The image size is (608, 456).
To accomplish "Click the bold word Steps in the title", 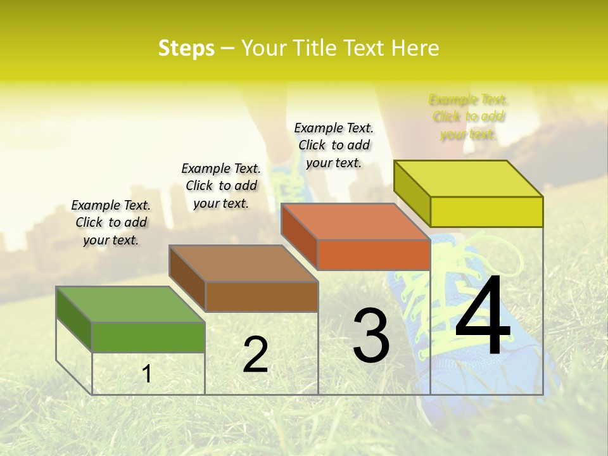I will (186, 48).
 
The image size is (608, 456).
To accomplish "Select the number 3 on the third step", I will (371, 336).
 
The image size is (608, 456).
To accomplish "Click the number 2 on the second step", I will (255, 355).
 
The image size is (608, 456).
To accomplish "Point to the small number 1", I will (147, 374).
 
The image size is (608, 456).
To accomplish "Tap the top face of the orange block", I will (355, 222).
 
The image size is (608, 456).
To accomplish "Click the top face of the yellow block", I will (468, 178).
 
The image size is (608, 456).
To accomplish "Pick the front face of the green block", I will (148, 337).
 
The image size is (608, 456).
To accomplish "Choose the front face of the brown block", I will (262, 296).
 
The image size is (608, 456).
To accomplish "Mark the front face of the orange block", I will (374, 255).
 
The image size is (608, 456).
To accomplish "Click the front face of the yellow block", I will (486, 212).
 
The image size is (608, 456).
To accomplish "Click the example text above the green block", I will (111, 222).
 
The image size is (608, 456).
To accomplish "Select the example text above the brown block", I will (221, 186).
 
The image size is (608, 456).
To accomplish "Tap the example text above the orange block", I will (334, 145).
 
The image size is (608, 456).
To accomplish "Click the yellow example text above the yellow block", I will (469, 117).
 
